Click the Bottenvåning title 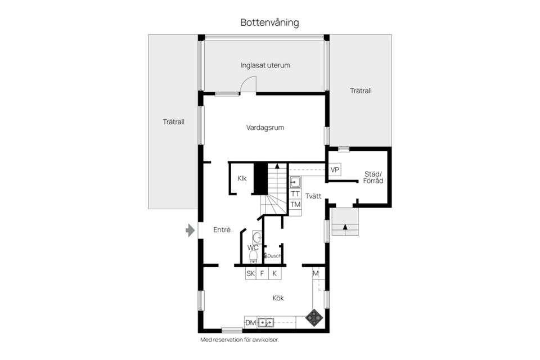click(269, 22)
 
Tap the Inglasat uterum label click(265, 65)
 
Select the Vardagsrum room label click(265, 128)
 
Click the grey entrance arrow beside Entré click(190, 231)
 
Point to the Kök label click(278, 298)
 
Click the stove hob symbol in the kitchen click(314, 317)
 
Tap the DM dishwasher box click(251, 323)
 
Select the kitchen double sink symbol click(266, 322)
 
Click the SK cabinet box click(251, 273)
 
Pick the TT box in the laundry click(295, 194)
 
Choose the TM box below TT click(295, 205)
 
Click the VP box click(334, 169)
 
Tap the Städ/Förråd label click(373, 177)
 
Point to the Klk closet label click(242, 178)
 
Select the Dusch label click(274, 256)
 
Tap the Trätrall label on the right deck click(361, 91)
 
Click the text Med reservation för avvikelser click(240, 340)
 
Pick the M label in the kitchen click(316, 273)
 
